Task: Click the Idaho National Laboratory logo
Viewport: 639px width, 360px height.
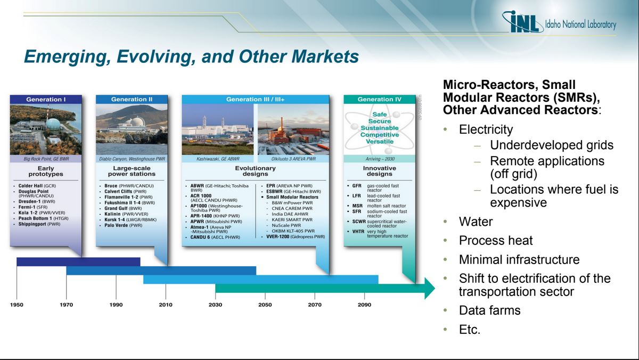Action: coord(559,23)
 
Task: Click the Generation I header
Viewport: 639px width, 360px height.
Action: coord(46,99)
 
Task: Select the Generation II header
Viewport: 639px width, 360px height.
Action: coord(132,99)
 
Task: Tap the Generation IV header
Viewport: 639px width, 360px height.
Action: coord(379,99)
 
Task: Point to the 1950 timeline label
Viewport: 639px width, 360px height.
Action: coord(17,305)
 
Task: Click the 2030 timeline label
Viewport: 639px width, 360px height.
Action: coord(215,305)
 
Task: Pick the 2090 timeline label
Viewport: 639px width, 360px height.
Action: coord(364,305)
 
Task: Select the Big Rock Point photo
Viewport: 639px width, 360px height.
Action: coord(46,129)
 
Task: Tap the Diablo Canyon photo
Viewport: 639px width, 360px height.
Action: coord(132,129)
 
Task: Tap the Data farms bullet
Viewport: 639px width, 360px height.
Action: coord(489,310)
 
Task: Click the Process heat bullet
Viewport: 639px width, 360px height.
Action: coord(495,241)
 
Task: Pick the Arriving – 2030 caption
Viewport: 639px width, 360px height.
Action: coord(379,159)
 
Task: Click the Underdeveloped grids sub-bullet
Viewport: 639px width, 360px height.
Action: coord(551,145)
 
